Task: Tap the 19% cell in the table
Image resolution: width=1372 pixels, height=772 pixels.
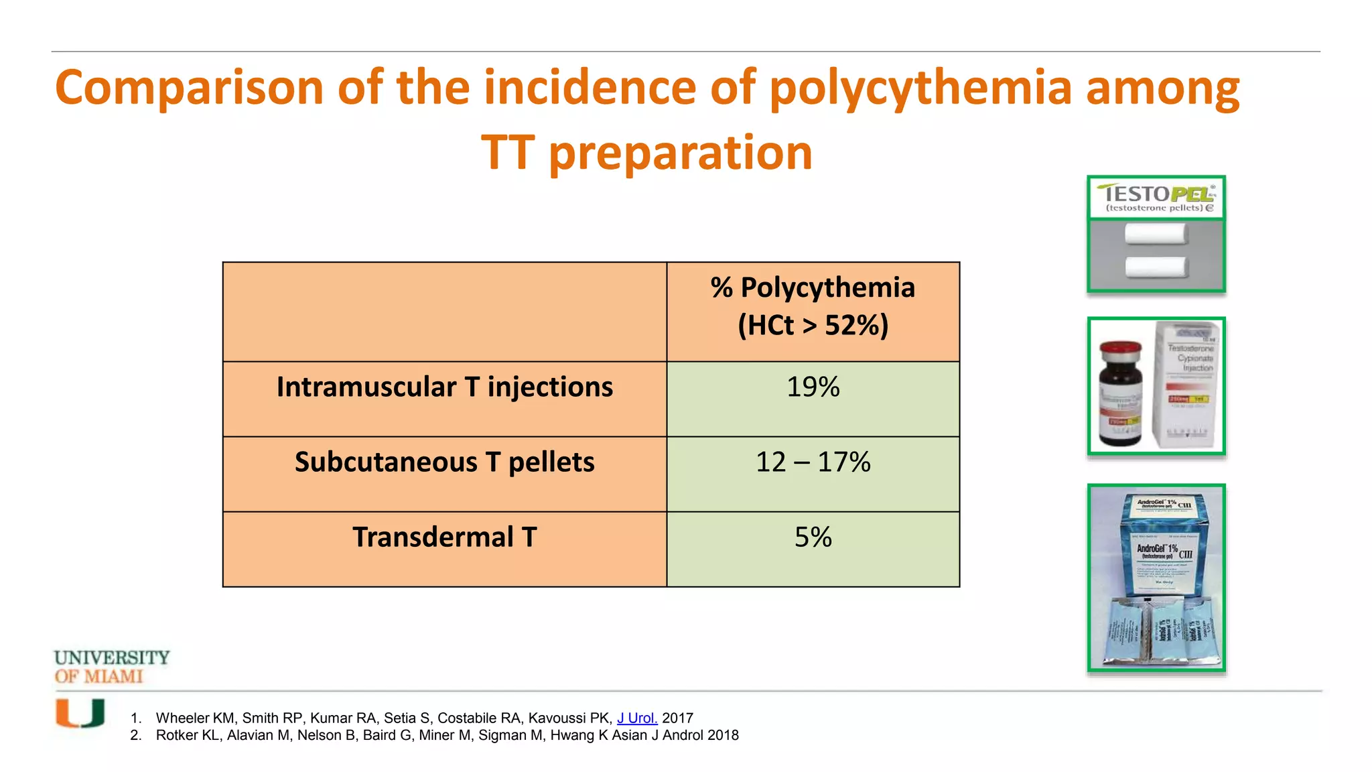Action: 813,387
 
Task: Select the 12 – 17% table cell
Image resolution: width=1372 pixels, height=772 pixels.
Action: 813,462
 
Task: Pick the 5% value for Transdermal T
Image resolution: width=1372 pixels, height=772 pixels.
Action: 813,537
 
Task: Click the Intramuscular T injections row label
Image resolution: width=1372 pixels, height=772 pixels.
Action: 444,387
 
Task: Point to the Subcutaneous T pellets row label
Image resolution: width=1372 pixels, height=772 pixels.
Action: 444,462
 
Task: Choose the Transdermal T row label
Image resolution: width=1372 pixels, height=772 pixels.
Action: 444,537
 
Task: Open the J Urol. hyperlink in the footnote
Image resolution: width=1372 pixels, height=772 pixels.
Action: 636,718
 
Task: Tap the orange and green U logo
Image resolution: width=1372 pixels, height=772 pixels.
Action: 80,713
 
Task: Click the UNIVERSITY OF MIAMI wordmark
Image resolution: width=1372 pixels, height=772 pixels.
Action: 111,667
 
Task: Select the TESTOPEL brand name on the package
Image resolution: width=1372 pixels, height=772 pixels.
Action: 1156,194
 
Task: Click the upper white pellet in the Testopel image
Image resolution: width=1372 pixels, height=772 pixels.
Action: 1156,234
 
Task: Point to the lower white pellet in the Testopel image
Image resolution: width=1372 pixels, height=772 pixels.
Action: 1156,267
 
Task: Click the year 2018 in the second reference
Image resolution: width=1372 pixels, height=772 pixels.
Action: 723,735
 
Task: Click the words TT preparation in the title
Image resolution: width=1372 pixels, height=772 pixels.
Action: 646,153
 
